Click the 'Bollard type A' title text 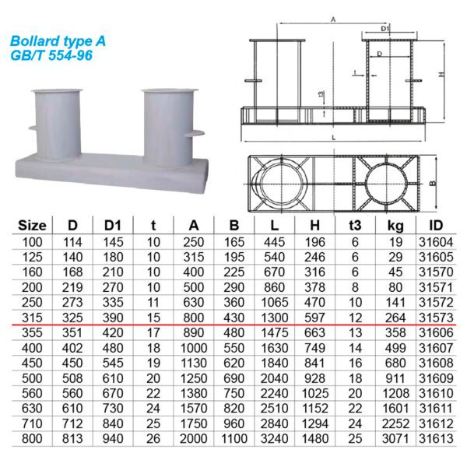tap(58, 41)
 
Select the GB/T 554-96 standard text tap(51, 55)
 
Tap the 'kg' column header tap(395, 226)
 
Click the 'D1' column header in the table tap(113, 226)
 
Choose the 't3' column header tap(355, 226)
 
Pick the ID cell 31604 tap(436, 242)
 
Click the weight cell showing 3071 tap(395, 439)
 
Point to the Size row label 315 tap(32, 318)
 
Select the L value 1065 tap(274, 303)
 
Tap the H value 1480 tap(314, 439)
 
